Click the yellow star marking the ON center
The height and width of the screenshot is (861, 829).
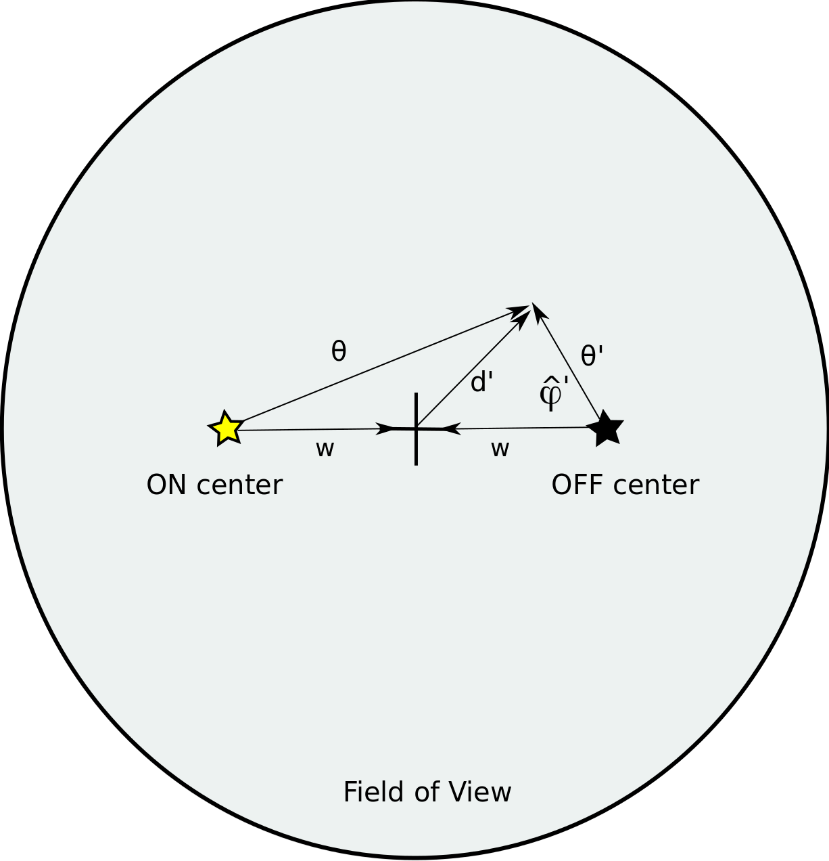[226, 428]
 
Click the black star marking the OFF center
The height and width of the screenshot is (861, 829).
[607, 428]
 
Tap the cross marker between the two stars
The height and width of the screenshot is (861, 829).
[416, 428]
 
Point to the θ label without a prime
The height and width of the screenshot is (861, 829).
[339, 351]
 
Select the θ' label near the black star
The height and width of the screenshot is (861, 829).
[592, 356]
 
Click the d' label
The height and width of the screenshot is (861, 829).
[482, 382]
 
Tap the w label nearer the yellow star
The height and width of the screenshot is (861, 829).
[325, 449]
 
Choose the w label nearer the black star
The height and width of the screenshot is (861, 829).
[500, 449]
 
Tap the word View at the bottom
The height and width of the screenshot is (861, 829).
[484, 792]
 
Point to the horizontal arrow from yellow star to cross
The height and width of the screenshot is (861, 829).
[311, 429]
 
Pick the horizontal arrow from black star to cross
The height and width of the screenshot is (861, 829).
[521, 428]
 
